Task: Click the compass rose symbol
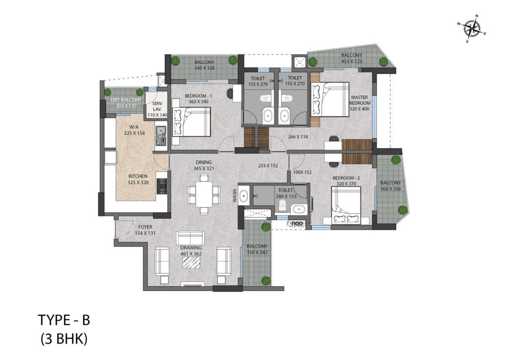(472, 29)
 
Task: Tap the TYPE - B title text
(64, 320)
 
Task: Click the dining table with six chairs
(204, 194)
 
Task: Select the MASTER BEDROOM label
(359, 100)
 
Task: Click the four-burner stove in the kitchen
(162, 186)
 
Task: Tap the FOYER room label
(145, 227)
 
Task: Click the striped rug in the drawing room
(190, 263)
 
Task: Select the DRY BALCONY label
(126, 99)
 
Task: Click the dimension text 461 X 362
(191, 254)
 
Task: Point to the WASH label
(235, 196)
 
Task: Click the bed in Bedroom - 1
(191, 122)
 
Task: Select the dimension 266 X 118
(298, 137)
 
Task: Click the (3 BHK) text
(64, 339)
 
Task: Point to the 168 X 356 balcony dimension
(391, 189)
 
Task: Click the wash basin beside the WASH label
(244, 196)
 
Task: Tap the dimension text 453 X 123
(351, 61)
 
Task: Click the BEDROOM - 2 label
(346, 178)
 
